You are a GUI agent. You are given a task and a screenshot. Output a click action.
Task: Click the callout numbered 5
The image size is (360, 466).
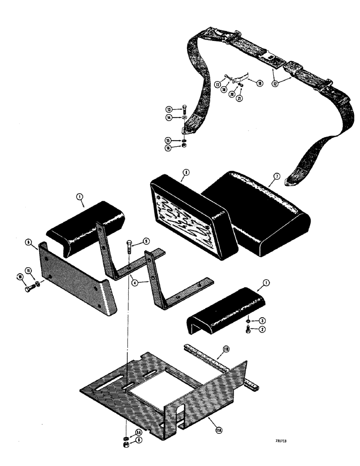[x=146, y=241]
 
